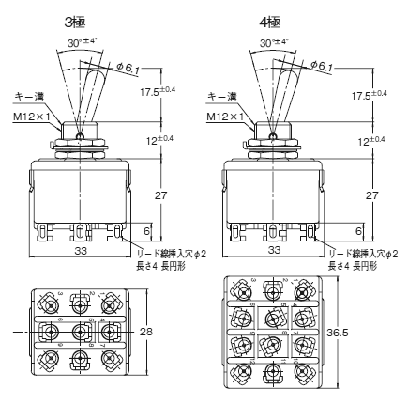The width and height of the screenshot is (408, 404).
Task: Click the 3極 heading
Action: click(75, 23)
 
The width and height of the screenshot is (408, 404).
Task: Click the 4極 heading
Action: click(269, 23)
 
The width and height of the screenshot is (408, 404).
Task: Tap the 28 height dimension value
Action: click(146, 332)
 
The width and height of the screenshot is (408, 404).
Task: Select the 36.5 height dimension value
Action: click(338, 333)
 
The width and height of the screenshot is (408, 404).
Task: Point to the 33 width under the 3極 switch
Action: click(81, 250)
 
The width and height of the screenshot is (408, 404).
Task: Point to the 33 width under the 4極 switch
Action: click(275, 250)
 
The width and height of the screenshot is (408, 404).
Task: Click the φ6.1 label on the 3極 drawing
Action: click(128, 68)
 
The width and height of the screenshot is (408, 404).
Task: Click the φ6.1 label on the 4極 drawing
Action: click(322, 66)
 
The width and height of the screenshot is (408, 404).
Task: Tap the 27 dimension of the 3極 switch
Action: click(160, 195)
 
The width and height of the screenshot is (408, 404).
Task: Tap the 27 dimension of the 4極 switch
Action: click(372, 195)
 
